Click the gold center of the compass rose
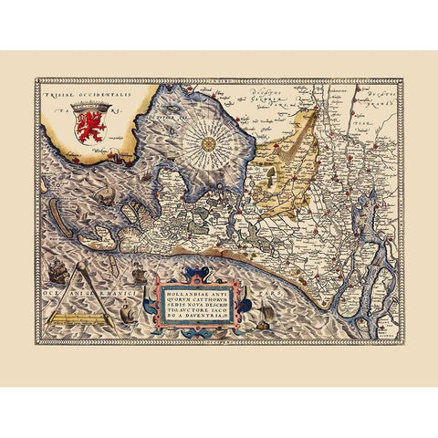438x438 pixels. click(x=209, y=142)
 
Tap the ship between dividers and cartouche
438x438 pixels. click(x=138, y=274)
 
